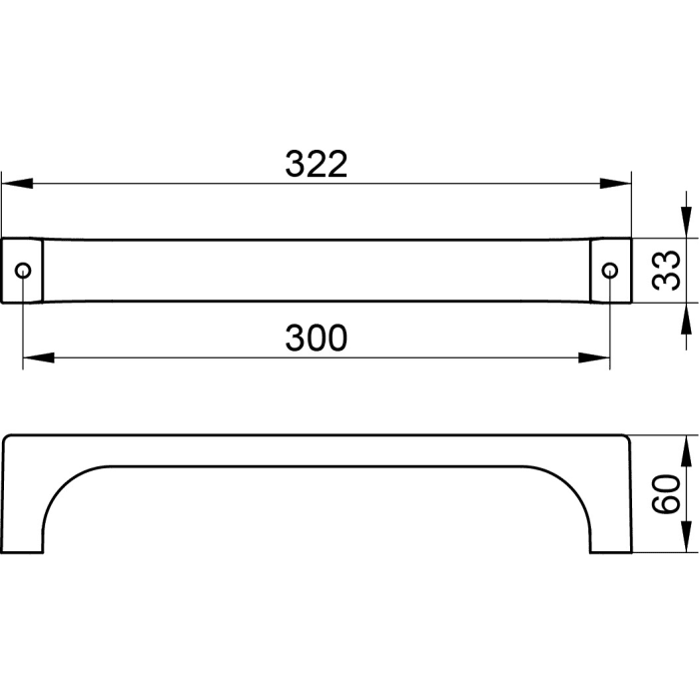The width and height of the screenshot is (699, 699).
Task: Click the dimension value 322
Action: point(316,164)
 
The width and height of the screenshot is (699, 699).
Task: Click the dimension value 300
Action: point(316,339)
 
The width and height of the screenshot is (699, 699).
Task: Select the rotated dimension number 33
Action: point(666,270)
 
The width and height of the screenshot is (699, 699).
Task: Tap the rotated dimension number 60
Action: point(666,493)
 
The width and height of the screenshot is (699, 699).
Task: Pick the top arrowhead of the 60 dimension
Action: point(686,451)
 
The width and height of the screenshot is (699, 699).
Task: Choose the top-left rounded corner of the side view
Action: point(8,439)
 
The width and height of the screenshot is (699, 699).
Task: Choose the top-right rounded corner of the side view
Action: point(626,439)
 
